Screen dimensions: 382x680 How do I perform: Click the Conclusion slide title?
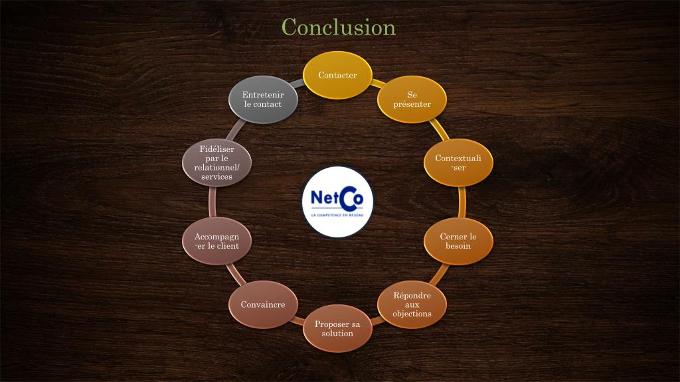click(x=338, y=27)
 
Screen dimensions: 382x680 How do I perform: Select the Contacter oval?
click(x=337, y=75)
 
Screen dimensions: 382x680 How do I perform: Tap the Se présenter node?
click(x=412, y=99)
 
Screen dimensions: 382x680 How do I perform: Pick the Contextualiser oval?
click(x=458, y=162)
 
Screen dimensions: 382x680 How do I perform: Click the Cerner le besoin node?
click(x=458, y=241)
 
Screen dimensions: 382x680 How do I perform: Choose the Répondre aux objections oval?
click(x=412, y=304)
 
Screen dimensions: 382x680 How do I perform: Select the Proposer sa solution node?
click(x=337, y=328)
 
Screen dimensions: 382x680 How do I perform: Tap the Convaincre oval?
click(x=263, y=304)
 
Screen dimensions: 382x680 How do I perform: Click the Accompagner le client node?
click(x=216, y=241)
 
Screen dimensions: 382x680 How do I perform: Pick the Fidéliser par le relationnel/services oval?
click(x=216, y=163)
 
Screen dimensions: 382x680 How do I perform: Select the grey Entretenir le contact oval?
click(x=263, y=99)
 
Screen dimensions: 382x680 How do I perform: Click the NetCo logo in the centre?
click(x=337, y=202)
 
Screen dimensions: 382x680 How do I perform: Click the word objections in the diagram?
click(x=412, y=314)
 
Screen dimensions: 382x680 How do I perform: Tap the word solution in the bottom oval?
click(x=337, y=334)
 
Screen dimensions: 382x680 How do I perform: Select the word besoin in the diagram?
click(x=458, y=246)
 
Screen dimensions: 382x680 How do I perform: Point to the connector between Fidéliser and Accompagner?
click(x=213, y=202)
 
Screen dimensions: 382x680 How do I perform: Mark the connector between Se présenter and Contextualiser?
click(x=438, y=130)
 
